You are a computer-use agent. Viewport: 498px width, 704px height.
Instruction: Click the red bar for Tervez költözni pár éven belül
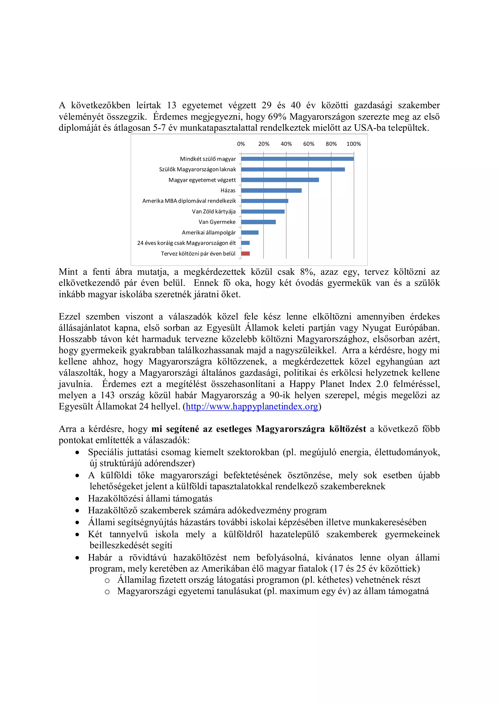(245, 254)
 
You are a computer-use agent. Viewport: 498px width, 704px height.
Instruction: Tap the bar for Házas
(271, 190)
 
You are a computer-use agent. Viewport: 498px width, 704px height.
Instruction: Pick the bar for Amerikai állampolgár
(249, 232)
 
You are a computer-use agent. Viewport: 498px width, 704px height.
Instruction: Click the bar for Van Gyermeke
(258, 222)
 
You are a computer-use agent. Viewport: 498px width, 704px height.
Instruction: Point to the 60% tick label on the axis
(308, 144)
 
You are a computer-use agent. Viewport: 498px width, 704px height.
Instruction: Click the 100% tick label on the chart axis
(354, 144)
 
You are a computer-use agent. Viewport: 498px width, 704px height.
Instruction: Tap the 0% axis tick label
(241, 144)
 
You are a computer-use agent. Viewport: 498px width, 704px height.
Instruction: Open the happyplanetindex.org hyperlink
(252, 407)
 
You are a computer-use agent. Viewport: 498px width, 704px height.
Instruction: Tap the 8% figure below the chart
(306, 272)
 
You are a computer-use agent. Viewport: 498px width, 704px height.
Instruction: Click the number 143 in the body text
(107, 395)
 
